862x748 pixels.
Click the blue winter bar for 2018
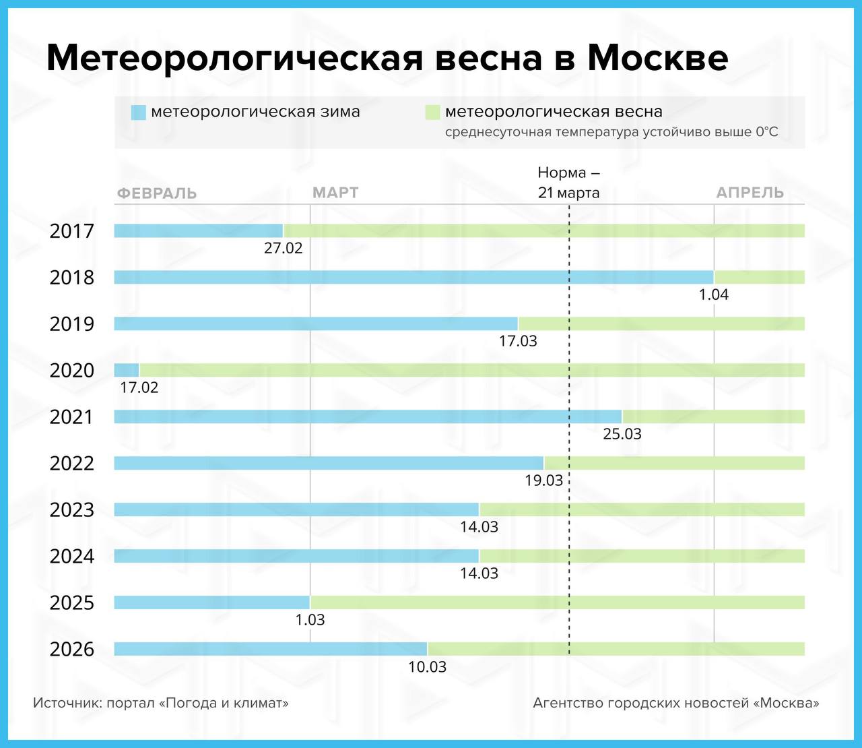click(x=413, y=277)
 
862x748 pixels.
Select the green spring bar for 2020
click(x=471, y=370)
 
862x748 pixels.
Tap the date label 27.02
click(x=284, y=248)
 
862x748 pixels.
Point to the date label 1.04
click(x=714, y=294)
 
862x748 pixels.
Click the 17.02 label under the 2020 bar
click(x=139, y=387)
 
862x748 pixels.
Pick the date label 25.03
click(x=622, y=434)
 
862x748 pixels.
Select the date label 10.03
click(x=428, y=667)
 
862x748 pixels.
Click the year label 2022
click(x=72, y=464)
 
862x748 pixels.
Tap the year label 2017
click(x=72, y=231)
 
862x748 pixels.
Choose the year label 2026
click(x=72, y=650)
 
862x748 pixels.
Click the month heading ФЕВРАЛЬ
click(x=157, y=193)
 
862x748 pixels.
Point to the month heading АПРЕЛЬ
click(x=750, y=193)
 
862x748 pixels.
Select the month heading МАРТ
click(x=335, y=193)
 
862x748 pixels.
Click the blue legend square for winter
click(x=138, y=113)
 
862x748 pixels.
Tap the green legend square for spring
click(x=432, y=113)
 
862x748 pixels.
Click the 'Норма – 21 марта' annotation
click(x=569, y=183)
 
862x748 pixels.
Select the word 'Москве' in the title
click(x=657, y=59)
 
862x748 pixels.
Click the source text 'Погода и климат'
click(x=224, y=704)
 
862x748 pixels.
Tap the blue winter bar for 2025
click(x=211, y=602)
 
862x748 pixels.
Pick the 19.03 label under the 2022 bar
click(x=544, y=480)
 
